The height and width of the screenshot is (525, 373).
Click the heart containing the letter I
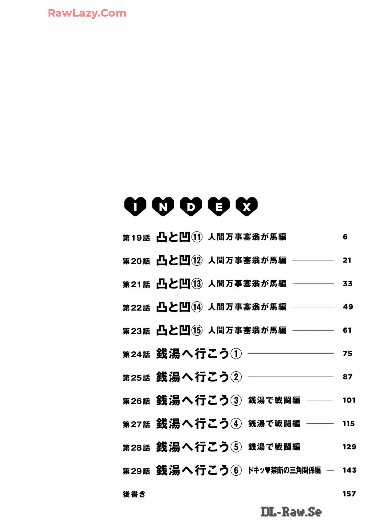(135, 207)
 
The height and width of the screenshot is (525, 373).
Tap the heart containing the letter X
(247, 207)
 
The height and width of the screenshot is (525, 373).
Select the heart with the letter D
(191, 207)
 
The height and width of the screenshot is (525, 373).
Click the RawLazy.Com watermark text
(87, 13)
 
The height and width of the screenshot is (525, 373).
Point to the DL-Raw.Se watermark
(291, 512)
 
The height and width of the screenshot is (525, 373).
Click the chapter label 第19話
(136, 237)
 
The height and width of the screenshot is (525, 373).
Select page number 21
(347, 260)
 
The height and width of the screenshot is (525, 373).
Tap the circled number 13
(197, 284)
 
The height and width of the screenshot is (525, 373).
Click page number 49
(348, 307)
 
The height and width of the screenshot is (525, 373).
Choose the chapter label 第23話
(136, 331)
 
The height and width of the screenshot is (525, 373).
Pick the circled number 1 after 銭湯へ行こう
(236, 354)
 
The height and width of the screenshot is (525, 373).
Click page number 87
(347, 377)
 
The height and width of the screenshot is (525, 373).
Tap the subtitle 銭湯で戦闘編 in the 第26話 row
(274, 400)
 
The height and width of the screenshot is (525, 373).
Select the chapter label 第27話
(136, 425)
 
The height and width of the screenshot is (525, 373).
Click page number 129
(349, 447)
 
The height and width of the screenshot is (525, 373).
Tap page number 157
(349, 494)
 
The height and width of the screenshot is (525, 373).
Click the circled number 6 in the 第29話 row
(236, 471)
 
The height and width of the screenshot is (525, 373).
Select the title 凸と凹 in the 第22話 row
(173, 307)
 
